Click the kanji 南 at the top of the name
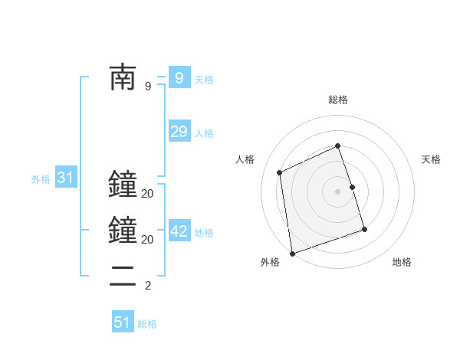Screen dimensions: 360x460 123,77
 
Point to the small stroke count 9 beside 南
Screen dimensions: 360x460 148,87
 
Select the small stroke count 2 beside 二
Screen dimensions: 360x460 148,286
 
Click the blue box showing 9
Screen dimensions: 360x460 179,77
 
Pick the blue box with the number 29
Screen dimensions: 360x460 179,131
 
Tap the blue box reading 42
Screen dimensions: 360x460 179,231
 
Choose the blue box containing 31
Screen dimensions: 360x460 66,178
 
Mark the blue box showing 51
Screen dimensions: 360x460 123,322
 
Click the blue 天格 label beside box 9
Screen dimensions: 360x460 204,80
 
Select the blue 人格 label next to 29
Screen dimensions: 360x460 204,133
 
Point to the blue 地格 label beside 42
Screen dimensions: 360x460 204,233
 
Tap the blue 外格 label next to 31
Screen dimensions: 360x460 41,180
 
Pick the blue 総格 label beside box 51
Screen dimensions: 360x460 147,324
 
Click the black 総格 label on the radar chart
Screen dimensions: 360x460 338,100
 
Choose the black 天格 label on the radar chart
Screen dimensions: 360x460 432,159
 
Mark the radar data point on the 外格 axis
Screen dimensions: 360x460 292,253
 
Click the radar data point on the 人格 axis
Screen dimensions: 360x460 280,172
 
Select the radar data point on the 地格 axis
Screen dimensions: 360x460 364,230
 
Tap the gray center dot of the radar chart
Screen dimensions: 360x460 338,191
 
